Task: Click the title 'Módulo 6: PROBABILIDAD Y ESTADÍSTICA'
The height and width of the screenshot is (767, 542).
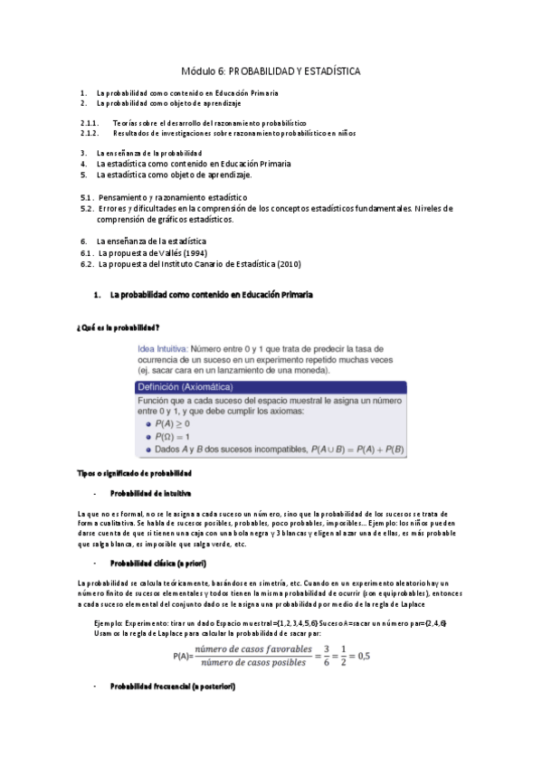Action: [271, 70]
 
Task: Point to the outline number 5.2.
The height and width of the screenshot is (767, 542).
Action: [87, 208]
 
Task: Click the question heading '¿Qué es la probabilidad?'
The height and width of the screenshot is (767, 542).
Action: [118, 327]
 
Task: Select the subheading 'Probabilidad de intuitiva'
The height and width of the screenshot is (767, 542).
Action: [150, 493]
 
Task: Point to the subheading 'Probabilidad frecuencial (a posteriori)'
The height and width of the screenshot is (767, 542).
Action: [173, 687]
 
